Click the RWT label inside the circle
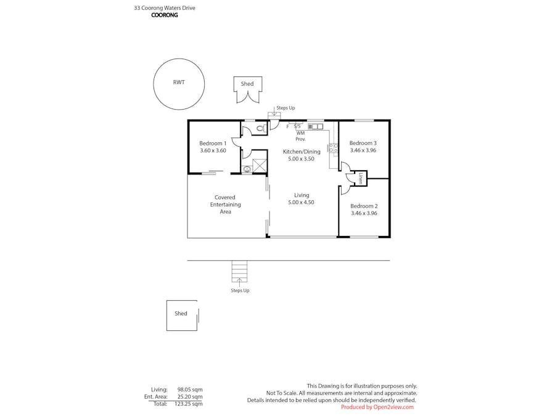click(179, 83)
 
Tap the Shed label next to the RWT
click(247, 84)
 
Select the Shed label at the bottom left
click(181, 314)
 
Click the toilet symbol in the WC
click(260, 129)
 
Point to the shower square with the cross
click(260, 165)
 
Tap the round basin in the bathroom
click(247, 169)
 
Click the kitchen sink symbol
click(315, 126)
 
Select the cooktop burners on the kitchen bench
click(333, 147)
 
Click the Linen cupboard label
click(360, 178)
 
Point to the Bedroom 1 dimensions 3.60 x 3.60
click(213, 150)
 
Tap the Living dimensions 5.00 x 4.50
click(301, 202)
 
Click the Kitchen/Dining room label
click(302, 152)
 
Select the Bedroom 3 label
click(363, 143)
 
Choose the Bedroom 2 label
click(364, 206)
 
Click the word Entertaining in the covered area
click(225, 205)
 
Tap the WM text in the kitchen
click(300, 133)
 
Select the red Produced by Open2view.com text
click(377, 407)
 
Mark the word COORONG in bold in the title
click(165, 15)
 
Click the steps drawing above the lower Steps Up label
click(239, 272)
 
